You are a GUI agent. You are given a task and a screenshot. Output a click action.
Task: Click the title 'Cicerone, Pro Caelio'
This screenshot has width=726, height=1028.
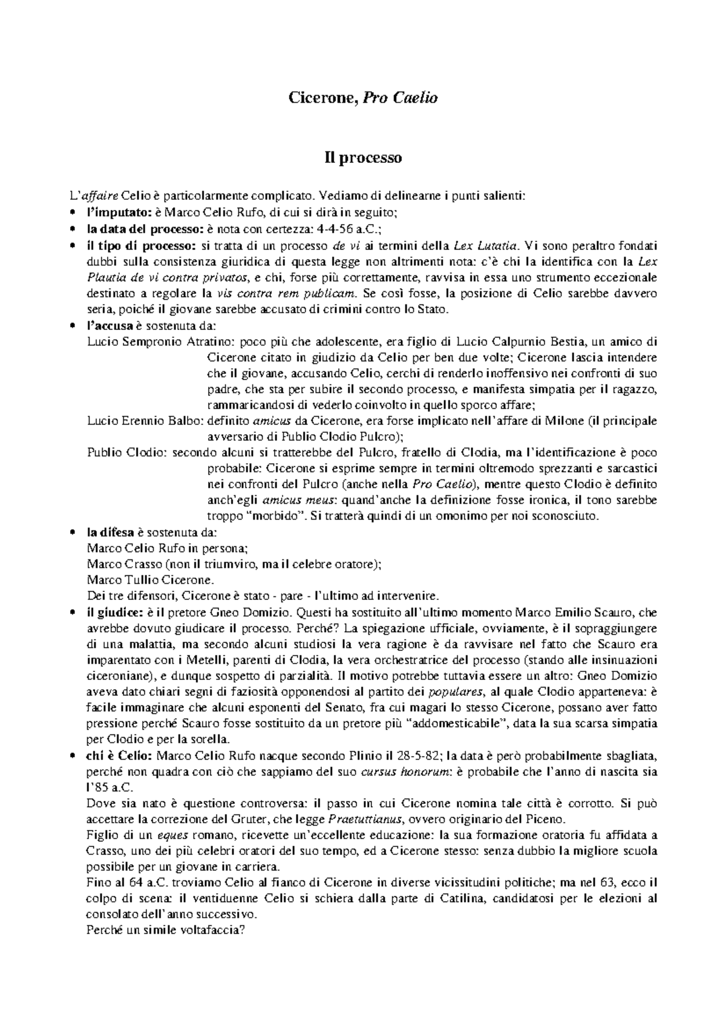[362, 97]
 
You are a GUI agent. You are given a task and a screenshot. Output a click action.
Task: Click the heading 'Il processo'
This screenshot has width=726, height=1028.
[362, 159]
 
